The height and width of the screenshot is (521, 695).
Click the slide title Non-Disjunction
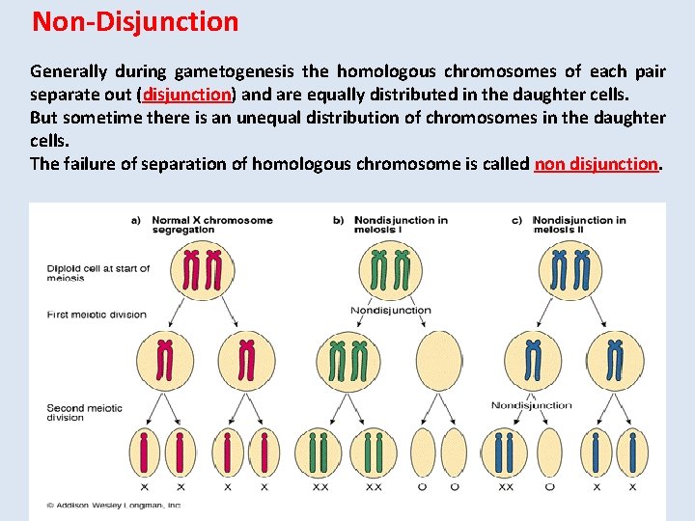135,21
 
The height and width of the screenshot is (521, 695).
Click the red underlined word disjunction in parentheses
187,95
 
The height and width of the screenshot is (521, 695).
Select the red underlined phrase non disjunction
596,163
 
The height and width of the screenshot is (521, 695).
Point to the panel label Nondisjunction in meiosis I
400,225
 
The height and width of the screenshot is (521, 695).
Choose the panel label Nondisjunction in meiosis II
578,225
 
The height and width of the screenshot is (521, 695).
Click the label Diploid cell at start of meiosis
97,273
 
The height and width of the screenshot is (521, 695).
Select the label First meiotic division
97,315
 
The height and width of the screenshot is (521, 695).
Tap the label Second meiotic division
85,412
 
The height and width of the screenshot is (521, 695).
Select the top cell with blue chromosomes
570,269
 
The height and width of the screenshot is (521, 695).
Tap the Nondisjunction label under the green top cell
390,311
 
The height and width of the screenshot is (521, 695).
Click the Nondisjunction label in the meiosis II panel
531,405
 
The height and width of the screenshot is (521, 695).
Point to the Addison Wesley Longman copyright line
114,505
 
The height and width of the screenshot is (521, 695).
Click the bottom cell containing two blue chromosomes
505,452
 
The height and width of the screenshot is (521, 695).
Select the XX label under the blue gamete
505,488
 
